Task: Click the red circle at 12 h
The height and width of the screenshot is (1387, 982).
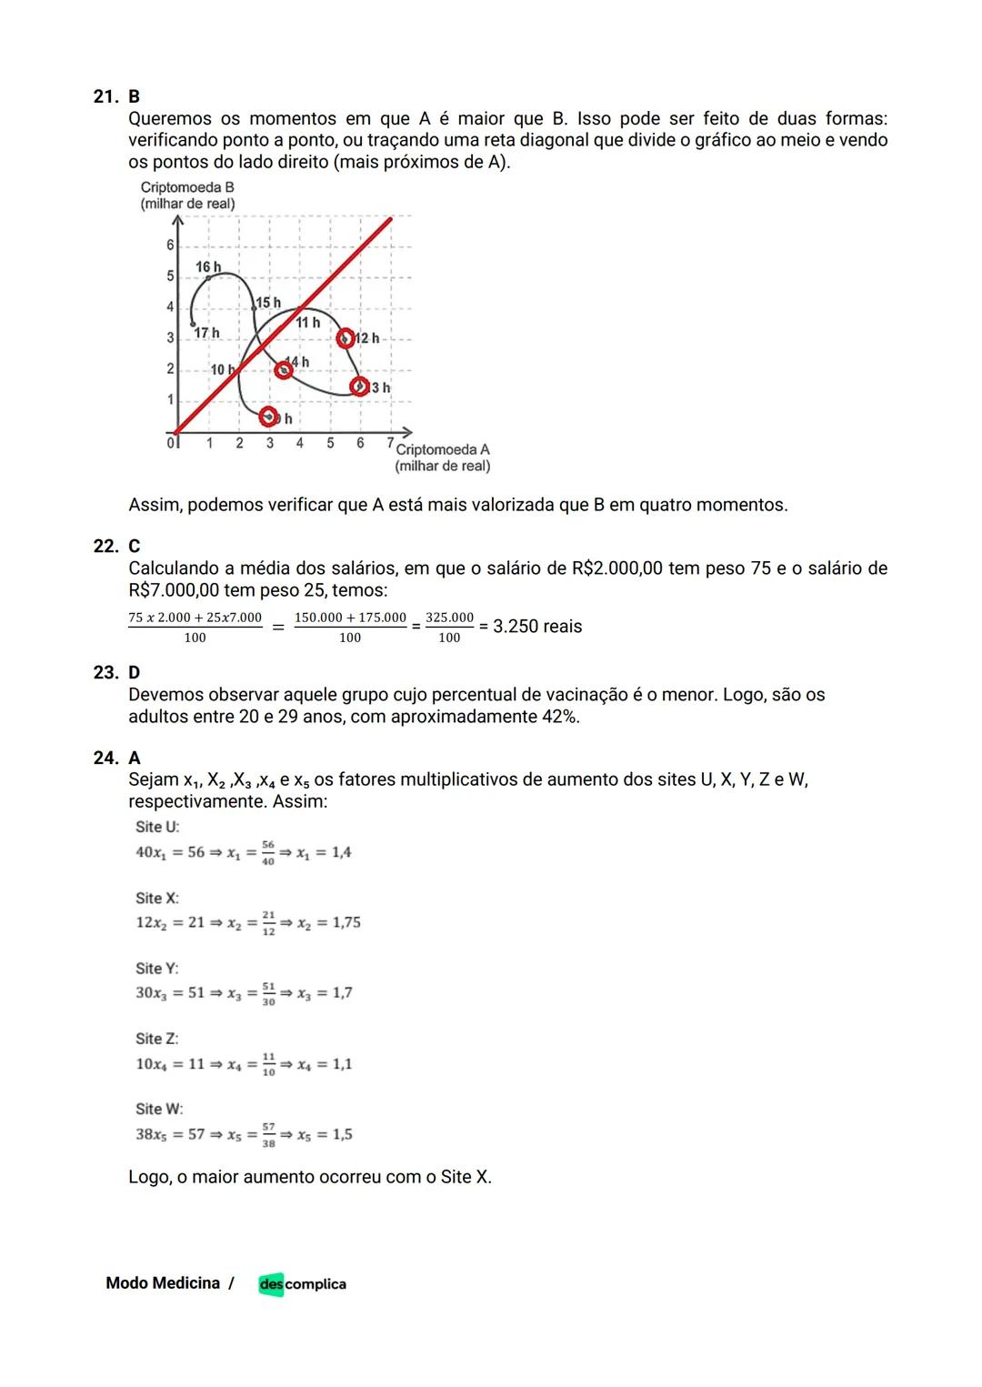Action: point(345,338)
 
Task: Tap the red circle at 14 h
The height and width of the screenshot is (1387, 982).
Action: point(285,369)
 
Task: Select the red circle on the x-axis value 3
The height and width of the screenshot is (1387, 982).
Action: point(268,417)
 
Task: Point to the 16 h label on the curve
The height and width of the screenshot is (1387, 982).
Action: point(208,266)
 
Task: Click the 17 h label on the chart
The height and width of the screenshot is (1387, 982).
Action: point(207,334)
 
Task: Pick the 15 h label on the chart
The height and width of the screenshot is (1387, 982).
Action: point(268,302)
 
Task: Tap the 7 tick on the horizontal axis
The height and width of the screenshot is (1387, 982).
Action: point(390,443)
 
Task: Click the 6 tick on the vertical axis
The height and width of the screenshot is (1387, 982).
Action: point(169,245)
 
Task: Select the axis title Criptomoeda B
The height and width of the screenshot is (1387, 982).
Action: point(187,187)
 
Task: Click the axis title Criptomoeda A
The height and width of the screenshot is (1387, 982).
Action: point(443,449)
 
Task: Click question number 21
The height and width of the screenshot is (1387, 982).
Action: point(105,96)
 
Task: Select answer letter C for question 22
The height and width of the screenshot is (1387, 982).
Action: point(134,546)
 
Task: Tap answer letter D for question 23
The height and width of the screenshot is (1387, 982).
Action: point(134,672)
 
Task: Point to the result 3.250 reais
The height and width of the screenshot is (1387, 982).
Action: point(536,627)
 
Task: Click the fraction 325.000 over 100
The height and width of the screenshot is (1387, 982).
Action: point(449,627)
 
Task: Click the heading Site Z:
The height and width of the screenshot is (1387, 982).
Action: point(156,1039)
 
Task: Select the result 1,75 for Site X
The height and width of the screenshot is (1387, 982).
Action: point(346,922)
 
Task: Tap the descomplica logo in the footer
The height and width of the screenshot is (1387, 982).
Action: point(302,1284)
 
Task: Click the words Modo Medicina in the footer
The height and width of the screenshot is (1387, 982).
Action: point(163,1283)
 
